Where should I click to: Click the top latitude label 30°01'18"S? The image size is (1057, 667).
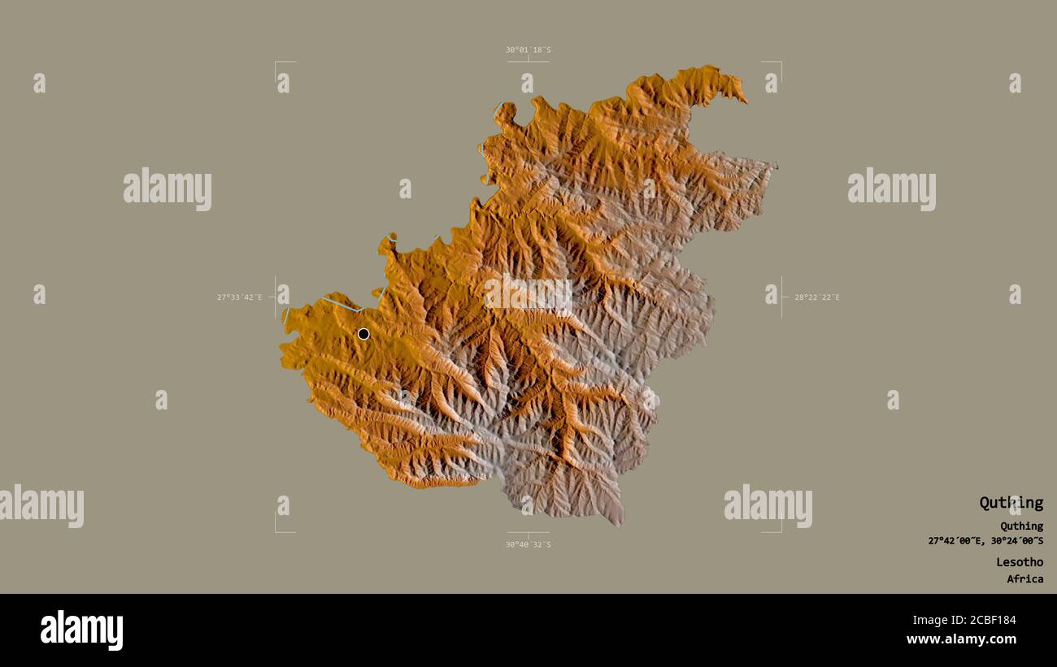coord(528,50)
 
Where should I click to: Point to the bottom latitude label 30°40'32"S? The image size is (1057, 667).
coord(528,544)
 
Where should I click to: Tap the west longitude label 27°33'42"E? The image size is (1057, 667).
coord(239,297)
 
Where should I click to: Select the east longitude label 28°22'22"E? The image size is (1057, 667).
coord(817,297)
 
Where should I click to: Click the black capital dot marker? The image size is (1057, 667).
coord(363,334)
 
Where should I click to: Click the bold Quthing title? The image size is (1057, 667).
coord(1011,503)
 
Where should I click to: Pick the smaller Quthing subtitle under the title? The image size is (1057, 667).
coord(1021,526)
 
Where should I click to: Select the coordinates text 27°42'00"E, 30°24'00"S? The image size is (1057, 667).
coord(985,541)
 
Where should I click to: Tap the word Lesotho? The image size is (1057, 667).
coord(1020,561)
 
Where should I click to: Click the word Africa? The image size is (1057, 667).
coord(1024,579)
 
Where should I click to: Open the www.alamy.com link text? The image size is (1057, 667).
coord(961,639)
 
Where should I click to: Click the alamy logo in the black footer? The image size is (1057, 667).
coord(81,630)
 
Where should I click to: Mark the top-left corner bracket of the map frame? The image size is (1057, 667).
coord(276,63)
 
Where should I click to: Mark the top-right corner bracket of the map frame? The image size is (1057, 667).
coord(780,63)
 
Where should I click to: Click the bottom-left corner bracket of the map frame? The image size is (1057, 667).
coord(276,531)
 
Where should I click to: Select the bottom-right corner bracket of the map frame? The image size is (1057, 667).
coord(780,531)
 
